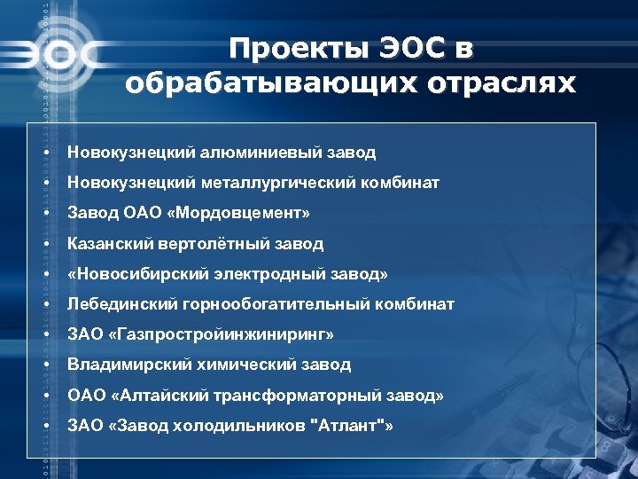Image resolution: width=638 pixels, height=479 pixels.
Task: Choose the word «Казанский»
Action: click(111, 243)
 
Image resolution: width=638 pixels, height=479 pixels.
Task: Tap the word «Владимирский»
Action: click(124, 365)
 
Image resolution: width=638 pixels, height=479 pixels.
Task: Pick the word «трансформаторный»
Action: click(293, 395)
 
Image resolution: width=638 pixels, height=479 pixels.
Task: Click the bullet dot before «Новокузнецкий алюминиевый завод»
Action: click(43, 153)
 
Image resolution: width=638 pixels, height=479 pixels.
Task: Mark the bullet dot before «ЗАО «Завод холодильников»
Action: click(43, 426)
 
